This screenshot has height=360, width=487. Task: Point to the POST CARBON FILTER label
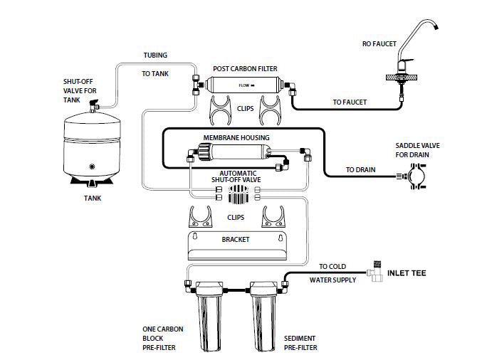click(x=245, y=69)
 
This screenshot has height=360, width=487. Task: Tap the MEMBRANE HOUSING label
click(x=236, y=137)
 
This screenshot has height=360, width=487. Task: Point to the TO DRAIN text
click(x=361, y=170)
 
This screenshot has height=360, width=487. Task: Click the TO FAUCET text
click(x=350, y=102)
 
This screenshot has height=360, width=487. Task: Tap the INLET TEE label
click(x=407, y=272)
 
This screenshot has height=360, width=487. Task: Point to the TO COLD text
click(x=332, y=267)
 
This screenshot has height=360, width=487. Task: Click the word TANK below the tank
click(x=91, y=198)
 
